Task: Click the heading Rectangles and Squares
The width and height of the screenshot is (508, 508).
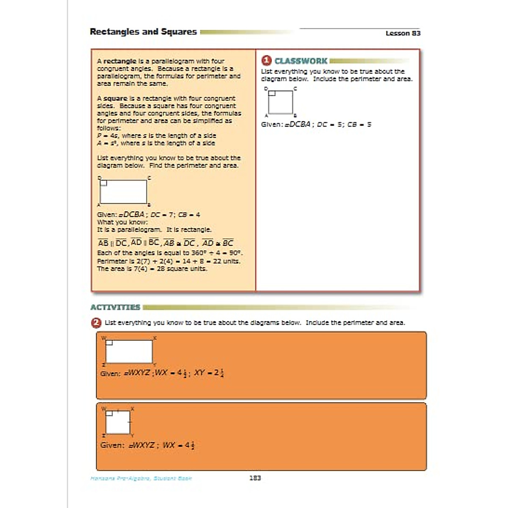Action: (143, 32)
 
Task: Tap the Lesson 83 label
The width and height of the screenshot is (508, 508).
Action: (403, 33)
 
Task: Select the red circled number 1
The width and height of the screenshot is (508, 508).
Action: (266, 61)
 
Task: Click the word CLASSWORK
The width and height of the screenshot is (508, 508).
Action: (301, 61)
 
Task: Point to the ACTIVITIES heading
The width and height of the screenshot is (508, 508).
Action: (115, 307)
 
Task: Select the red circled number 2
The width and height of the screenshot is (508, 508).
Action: (96, 323)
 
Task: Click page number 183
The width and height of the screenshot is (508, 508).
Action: (255, 478)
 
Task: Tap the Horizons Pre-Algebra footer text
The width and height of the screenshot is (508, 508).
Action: (141, 478)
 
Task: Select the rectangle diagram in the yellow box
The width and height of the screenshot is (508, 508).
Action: (123, 192)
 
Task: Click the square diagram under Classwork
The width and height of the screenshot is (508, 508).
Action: (280, 102)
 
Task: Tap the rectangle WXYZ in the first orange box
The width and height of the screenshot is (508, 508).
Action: (129, 351)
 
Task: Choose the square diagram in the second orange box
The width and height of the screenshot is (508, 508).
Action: (118, 422)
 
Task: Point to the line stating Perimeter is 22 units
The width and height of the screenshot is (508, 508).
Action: (168, 261)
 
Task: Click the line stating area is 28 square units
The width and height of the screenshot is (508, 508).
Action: (152, 269)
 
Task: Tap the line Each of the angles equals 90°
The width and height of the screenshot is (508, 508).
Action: (169, 253)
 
